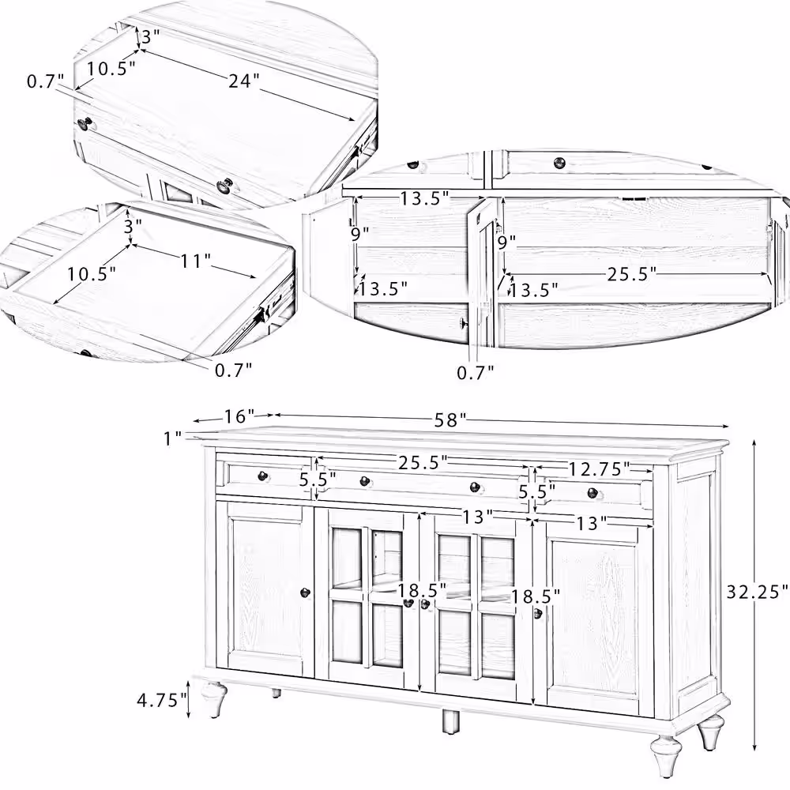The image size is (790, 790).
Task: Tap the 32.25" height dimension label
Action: click(x=758, y=591)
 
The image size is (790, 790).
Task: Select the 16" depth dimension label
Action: click(x=240, y=416)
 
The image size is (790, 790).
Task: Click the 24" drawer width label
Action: click(x=244, y=81)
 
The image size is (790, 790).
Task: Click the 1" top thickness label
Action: click(x=172, y=438)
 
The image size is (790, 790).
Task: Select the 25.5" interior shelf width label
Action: click(x=632, y=275)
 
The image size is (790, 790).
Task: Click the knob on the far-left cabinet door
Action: click(x=305, y=592)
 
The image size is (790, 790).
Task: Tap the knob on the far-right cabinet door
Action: click(x=538, y=614)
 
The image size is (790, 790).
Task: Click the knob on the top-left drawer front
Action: click(x=262, y=476)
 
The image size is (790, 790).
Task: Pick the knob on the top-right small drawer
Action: click(x=592, y=493)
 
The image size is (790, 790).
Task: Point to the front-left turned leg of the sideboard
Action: click(x=213, y=699)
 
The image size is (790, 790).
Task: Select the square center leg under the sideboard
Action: click(x=450, y=722)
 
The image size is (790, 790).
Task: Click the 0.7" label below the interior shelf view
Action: click(x=476, y=372)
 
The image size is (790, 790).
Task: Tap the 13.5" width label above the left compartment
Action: click(x=424, y=199)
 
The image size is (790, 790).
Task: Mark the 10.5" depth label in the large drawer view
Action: click(x=111, y=69)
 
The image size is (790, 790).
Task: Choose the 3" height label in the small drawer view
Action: click(x=133, y=226)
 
